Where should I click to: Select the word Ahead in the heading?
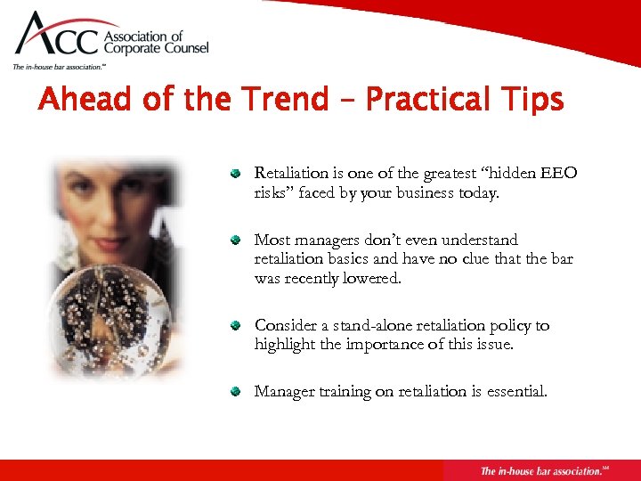85,100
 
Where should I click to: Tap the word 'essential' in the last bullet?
514,390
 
